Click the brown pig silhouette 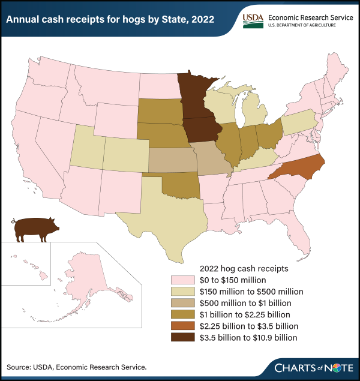[36, 229]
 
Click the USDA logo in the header [251, 19]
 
